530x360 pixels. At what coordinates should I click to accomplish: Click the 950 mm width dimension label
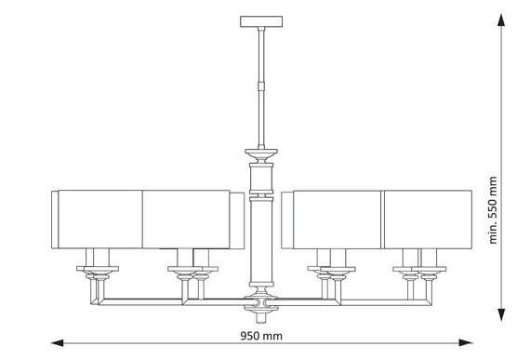pyautogui.click(x=261, y=336)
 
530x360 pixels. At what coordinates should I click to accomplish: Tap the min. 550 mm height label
pyautogui.click(x=493, y=210)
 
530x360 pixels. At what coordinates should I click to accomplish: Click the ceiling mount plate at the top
pyautogui.click(x=261, y=21)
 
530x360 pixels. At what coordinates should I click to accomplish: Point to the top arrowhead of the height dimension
pyautogui.click(x=501, y=20)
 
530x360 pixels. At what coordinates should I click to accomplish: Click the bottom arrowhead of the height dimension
pyautogui.click(x=501, y=314)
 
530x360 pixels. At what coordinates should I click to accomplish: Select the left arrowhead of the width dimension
pyautogui.click(x=57, y=343)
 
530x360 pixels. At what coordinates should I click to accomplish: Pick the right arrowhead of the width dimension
pyautogui.click(x=466, y=342)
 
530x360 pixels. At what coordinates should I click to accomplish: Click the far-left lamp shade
pyautogui.click(x=97, y=220)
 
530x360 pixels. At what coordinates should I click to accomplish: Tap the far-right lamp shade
pyautogui.click(x=428, y=220)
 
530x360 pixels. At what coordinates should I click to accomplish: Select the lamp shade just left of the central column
pyautogui.click(x=193, y=220)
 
